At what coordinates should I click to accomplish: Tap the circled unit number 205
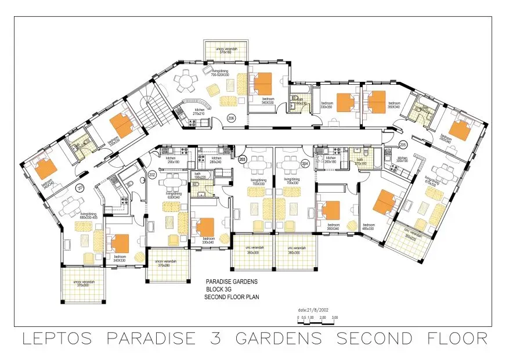click(402, 145)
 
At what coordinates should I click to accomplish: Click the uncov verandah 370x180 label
click(226, 51)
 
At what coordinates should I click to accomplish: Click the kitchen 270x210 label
click(199, 111)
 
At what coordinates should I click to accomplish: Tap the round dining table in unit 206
click(186, 81)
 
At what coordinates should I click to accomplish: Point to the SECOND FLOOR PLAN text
click(232, 297)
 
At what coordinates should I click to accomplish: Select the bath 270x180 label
click(361, 164)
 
